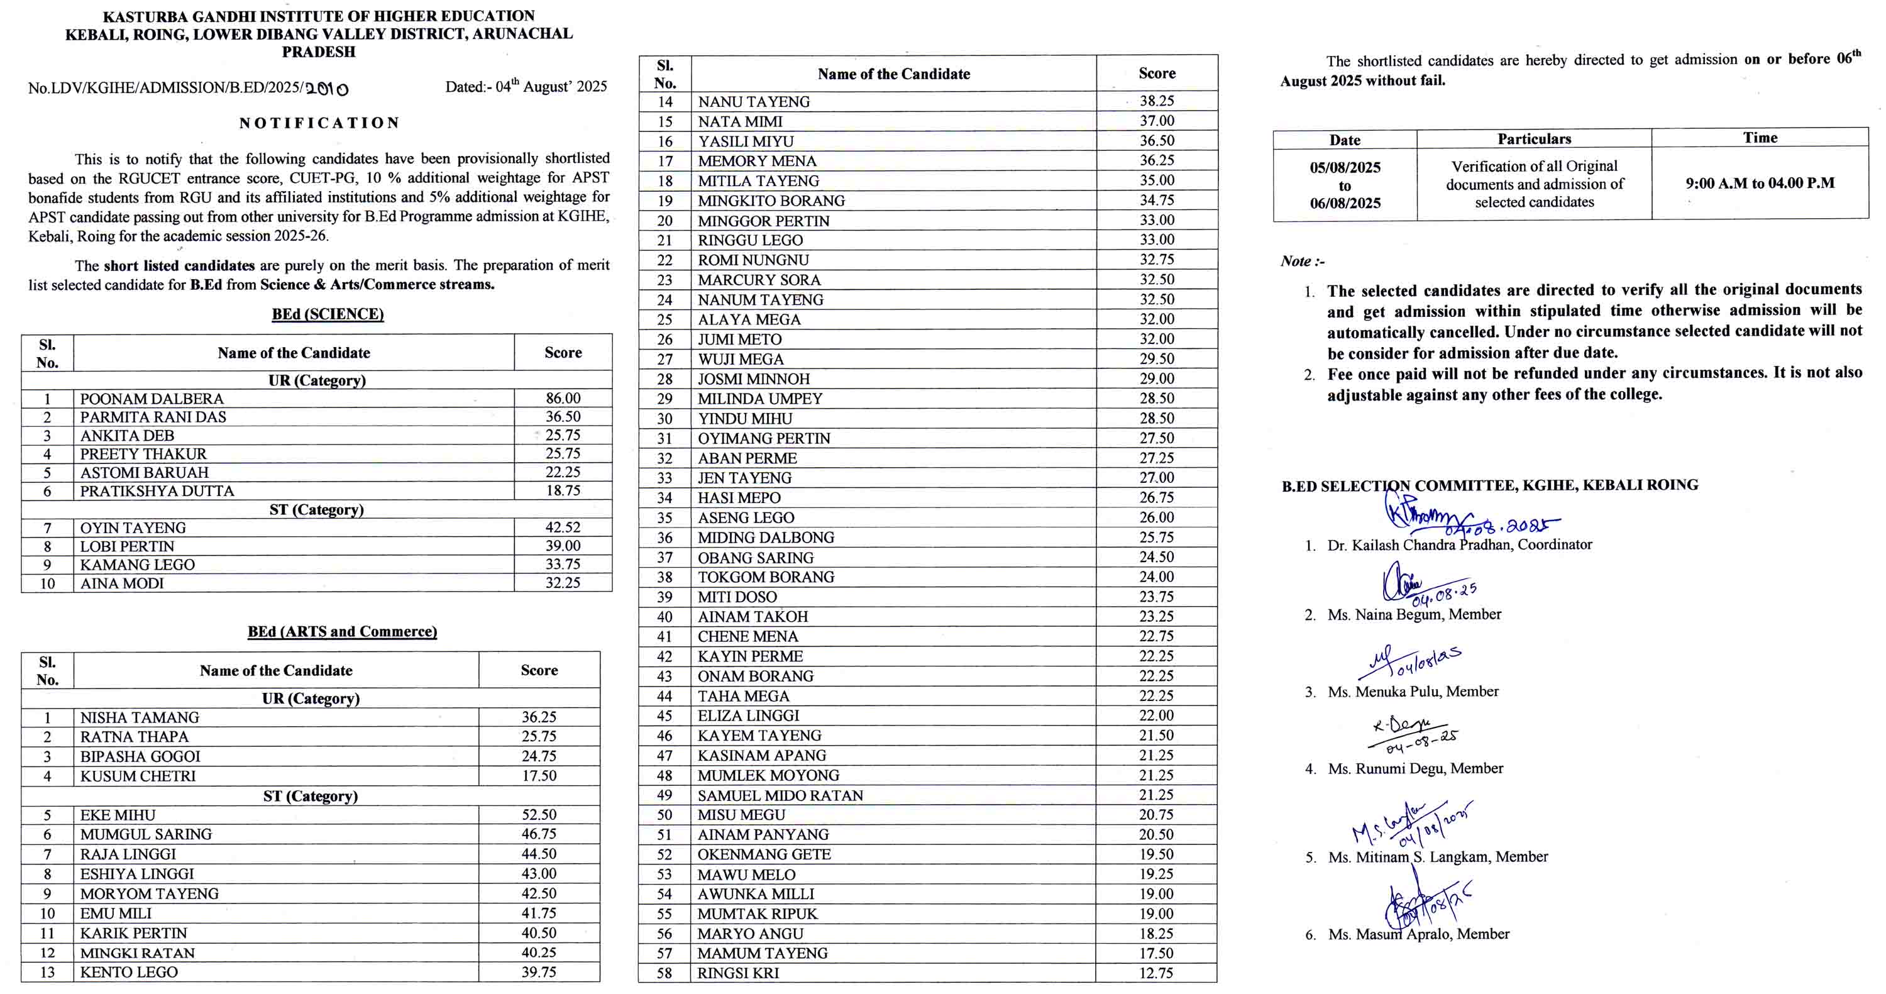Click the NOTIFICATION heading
click(319, 123)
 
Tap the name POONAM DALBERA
click(152, 399)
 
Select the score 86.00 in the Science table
click(563, 398)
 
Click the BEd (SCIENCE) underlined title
click(328, 314)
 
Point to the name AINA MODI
click(121, 583)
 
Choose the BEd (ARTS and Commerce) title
click(342, 632)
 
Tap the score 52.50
click(539, 815)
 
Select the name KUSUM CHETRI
click(138, 776)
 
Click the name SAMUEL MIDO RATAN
click(780, 795)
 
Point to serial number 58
click(664, 973)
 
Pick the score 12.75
click(1156, 973)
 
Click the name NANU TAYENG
click(753, 102)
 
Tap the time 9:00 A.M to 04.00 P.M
click(1760, 183)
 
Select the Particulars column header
click(1534, 139)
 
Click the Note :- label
click(1303, 262)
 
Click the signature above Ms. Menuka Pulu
click(1409, 661)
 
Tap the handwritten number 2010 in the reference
click(326, 89)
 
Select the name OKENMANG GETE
click(764, 854)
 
